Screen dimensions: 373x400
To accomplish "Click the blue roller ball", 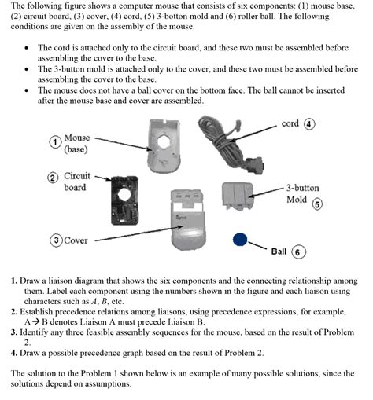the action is [240, 239].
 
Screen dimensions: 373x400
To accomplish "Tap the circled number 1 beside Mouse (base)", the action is [55, 142].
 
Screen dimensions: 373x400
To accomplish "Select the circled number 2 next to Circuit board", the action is [53, 178].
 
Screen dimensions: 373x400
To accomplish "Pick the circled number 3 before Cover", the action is [56, 240].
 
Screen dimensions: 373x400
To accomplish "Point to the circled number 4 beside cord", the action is [309, 124].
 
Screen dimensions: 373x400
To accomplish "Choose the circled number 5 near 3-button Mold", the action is [317, 204].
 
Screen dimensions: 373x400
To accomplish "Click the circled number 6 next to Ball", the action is [298, 252].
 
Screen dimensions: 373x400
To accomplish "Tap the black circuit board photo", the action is [124, 200].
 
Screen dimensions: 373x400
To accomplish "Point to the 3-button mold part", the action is [238, 196].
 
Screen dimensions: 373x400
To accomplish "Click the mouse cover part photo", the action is [188, 219].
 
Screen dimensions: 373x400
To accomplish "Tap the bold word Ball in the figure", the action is [279, 251].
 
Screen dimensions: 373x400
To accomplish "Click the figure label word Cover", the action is [76, 240].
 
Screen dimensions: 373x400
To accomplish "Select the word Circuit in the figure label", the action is [77, 176].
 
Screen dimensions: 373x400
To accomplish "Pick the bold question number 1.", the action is [14, 281].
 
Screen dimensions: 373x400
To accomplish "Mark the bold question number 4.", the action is [14, 353].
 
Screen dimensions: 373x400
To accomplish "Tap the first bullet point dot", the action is [27, 48].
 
